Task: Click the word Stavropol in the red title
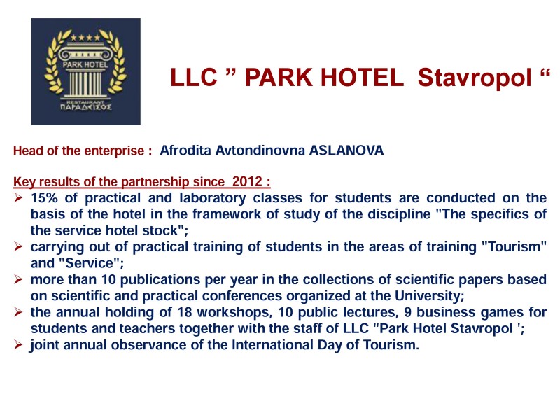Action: tap(475, 78)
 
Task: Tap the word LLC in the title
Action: tap(194, 77)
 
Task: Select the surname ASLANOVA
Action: tap(346, 150)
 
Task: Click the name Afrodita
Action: tap(185, 150)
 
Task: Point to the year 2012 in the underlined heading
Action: tap(247, 181)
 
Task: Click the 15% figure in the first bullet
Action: tap(45, 198)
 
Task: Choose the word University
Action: tap(428, 296)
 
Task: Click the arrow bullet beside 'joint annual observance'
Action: tap(18, 344)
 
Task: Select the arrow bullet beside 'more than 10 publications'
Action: tap(18, 279)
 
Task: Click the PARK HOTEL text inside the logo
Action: tap(85, 64)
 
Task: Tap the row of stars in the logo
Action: tap(85, 38)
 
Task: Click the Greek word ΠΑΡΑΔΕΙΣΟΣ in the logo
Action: tap(85, 107)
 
